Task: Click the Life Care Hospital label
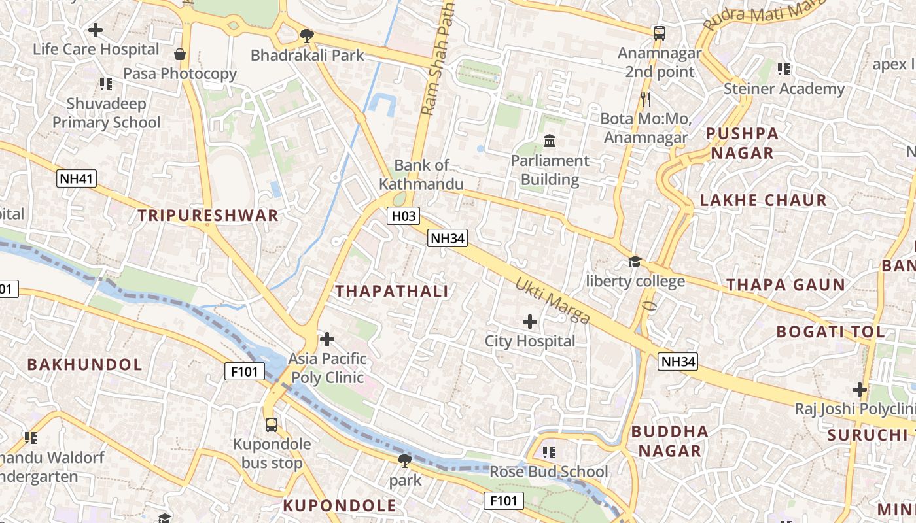(96, 49)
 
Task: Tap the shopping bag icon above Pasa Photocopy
(180, 54)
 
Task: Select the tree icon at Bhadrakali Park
(306, 35)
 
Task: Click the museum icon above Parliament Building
(550, 141)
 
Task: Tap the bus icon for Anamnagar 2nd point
(659, 33)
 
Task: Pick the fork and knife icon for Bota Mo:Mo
(645, 99)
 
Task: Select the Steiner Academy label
(784, 88)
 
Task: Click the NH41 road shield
(77, 178)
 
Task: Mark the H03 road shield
(402, 216)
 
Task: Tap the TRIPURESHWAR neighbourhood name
(208, 216)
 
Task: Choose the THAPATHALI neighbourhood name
(392, 292)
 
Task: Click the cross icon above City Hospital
(530, 321)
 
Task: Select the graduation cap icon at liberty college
(635, 262)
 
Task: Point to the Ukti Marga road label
(553, 301)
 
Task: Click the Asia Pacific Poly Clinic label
(328, 368)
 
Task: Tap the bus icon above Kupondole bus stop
(272, 424)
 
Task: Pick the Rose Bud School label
(549, 471)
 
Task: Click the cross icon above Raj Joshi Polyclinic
(859, 390)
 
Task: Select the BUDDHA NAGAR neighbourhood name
(669, 441)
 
